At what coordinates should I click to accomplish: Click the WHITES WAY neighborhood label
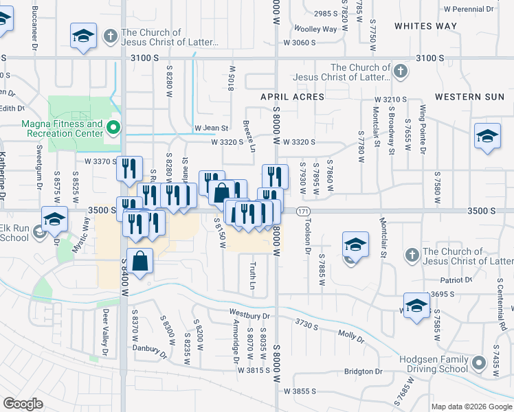[425, 25]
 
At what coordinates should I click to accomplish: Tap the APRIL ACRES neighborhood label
[292, 97]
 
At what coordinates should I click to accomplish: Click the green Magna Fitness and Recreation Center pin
[115, 127]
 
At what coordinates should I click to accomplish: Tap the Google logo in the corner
[23, 403]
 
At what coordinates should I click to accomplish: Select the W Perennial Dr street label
[469, 10]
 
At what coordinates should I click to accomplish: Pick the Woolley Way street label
[315, 29]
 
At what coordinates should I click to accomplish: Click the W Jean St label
[210, 128]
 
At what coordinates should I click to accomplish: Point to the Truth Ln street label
[252, 275]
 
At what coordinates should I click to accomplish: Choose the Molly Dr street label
[350, 334]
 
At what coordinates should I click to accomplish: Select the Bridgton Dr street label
[364, 371]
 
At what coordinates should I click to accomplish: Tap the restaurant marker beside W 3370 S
[129, 169]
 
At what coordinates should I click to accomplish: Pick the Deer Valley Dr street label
[106, 332]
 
